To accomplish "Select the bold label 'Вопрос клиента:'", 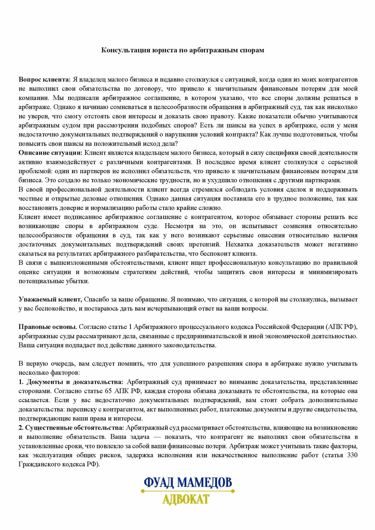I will click(45, 79).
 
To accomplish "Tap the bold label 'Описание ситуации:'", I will click(50, 153).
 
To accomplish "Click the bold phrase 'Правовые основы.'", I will click(48, 327).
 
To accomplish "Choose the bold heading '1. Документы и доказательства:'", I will click(71, 382).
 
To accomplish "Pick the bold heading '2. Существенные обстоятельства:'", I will click(71, 428).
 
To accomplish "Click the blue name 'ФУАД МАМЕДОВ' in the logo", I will click(188, 483).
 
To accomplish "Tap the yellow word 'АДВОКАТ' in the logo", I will click(186, 499).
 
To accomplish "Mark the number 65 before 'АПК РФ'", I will click(109, 391).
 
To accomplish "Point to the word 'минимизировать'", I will click(333, 272).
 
